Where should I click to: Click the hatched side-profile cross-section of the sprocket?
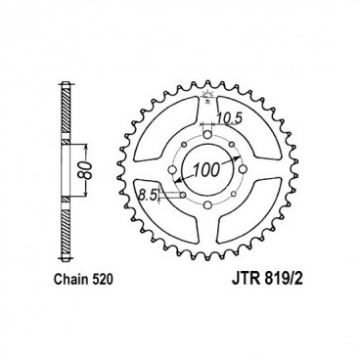(65, 157)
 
